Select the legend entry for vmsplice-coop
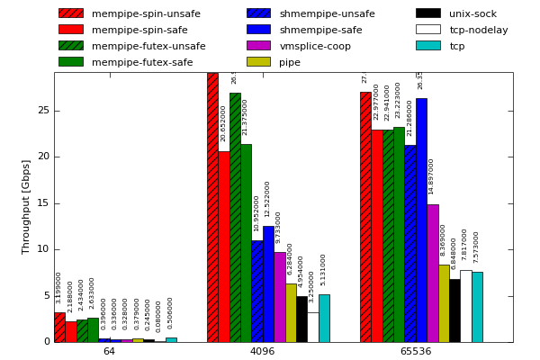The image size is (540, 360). point(315,46)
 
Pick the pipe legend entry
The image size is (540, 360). point(290,62)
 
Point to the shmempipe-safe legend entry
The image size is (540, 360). point(320,30)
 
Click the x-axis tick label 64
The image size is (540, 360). point(109,351)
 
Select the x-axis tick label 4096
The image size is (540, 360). point(262,351)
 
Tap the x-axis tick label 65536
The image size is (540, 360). point(416,351)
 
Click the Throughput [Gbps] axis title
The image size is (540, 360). point(26,207)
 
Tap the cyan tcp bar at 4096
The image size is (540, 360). point(324,318)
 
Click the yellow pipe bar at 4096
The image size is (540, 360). point(291,312)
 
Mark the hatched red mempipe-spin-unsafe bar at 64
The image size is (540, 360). point(59,327)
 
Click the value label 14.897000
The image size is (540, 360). point(432,176)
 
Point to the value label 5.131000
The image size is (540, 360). point(323,269)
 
